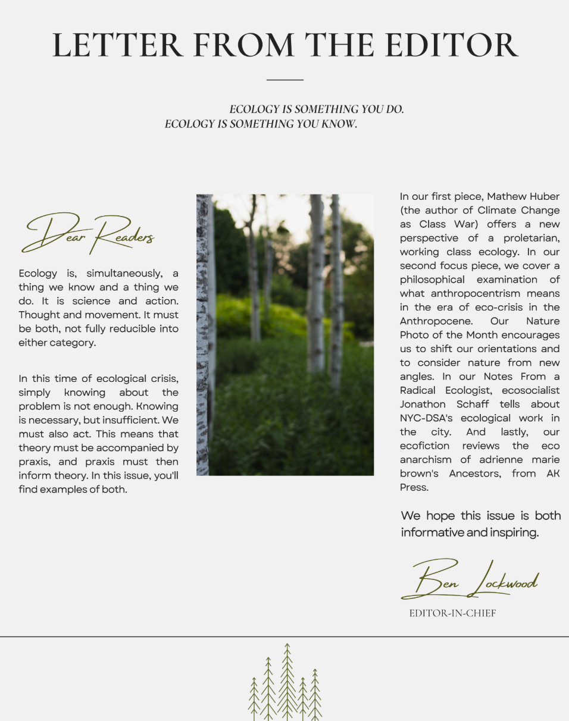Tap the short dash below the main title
tap(284, 79)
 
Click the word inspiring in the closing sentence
tap(514, 532)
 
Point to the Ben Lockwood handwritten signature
tap(470, 580)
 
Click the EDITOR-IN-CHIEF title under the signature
tap(452, 613)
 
